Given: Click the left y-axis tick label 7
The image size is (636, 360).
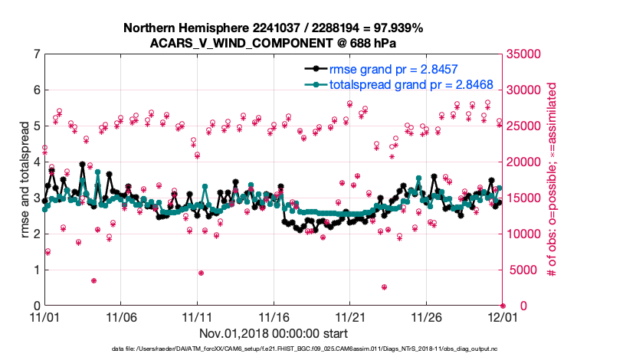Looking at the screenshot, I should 36,54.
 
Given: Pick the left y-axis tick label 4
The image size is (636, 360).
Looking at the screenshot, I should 36,162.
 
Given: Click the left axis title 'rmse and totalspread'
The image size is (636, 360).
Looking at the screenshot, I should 25,180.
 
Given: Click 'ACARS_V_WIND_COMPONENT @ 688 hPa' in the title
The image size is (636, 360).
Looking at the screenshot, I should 274,42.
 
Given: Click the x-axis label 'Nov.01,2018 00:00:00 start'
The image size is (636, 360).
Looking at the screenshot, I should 274,333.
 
